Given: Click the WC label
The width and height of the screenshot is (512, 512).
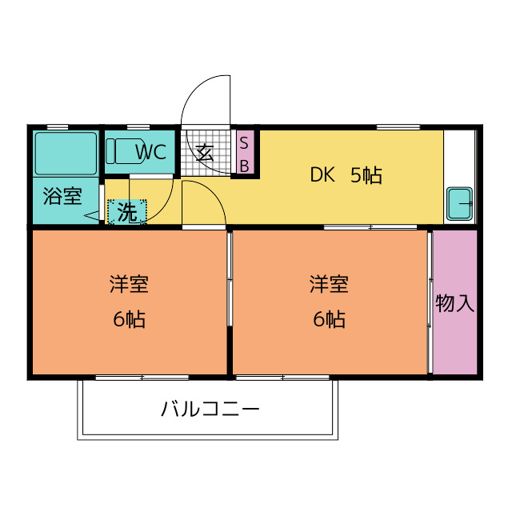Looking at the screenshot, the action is tap(151, 152).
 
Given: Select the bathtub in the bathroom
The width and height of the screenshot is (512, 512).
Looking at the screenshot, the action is tap(66, 153).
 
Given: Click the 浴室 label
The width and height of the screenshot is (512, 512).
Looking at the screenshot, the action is tap(62, 196).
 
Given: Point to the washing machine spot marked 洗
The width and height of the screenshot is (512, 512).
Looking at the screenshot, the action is tap(127, 212).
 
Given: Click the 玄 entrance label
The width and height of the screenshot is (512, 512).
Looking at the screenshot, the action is tap(205, 153).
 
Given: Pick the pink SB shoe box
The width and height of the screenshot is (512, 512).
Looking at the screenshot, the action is tap(245, 152).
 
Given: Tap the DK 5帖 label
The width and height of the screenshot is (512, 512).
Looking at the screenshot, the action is tap(346, 174).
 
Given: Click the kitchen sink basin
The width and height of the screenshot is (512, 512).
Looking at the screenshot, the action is tap(460, 203).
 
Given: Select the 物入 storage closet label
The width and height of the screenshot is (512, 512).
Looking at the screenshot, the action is tap(454, 303).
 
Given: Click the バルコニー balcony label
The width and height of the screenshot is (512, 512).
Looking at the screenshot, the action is tap(210, 409).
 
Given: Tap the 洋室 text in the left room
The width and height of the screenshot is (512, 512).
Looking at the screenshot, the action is tap(129, 284).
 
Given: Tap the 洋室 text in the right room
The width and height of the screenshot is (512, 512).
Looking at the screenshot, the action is tap(329, 284).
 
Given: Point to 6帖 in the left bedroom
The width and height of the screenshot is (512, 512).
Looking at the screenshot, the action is tap(129, 319).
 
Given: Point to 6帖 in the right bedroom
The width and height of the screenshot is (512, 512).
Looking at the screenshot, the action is tap(329, 319).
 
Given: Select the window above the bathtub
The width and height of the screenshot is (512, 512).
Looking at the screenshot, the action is tap(58, 127).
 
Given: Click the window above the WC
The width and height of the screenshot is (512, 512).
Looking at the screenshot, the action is tap(138, 127).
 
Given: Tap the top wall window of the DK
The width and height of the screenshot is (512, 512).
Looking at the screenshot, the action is tap(398, 127).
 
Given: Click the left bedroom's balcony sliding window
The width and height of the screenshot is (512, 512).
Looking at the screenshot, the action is tap(142, 378).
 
